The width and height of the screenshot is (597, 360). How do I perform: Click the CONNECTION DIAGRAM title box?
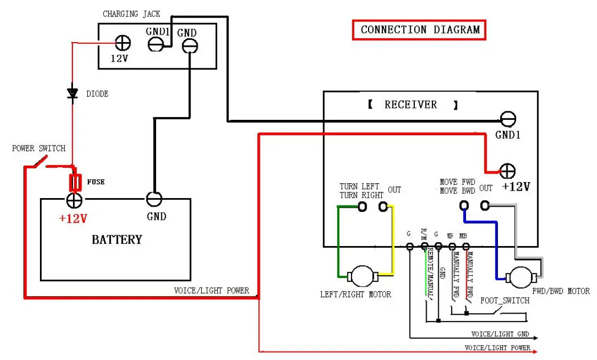click(419, 30)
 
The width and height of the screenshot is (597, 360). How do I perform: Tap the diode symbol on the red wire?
click(72, 93)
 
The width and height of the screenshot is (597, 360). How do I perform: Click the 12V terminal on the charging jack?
click(123, 43)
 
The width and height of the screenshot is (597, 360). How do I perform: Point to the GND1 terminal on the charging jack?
click(155, 45)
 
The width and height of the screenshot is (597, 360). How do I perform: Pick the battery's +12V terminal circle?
click(73, 200)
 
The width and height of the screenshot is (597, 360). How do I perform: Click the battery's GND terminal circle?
click(154, 199)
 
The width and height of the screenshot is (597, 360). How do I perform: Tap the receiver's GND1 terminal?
click(508, 119)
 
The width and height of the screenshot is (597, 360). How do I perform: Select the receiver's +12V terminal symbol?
click(507, 170)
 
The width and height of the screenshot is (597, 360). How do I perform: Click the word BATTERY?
click(117, 239)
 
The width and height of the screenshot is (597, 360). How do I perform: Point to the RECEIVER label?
click(411, 104)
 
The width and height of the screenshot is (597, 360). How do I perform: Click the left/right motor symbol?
click(363, 276)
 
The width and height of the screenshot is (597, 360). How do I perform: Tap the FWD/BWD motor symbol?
click(521, 277)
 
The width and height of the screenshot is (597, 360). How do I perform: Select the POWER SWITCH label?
click(38, 148)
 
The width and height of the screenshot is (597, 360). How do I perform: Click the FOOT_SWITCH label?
click(504, 300)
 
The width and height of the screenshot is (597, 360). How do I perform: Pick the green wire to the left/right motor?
click(338, 240)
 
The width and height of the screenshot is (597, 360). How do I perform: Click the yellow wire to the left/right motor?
click(394, 240)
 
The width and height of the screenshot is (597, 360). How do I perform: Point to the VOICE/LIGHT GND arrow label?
click(500, 334)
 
